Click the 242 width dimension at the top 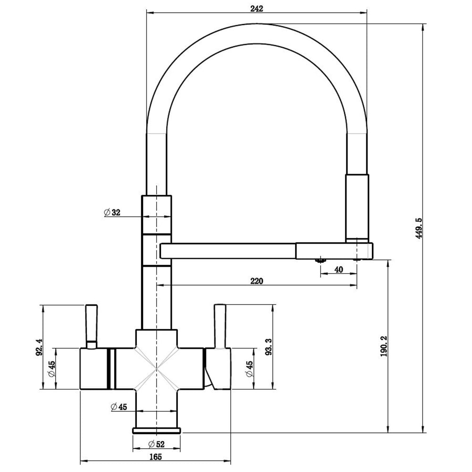(256, 8)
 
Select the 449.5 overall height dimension (418, 228)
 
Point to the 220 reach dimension (256, 281)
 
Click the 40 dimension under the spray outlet (338, 270)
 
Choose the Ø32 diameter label (112, 212)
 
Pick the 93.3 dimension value (269, 347)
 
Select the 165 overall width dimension (156, 456)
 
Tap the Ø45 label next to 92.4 (52, 369)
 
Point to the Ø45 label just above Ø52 (118, 407)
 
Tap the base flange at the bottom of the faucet (156, 430)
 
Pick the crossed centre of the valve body (156, 370)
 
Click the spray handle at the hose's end (357, 208)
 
